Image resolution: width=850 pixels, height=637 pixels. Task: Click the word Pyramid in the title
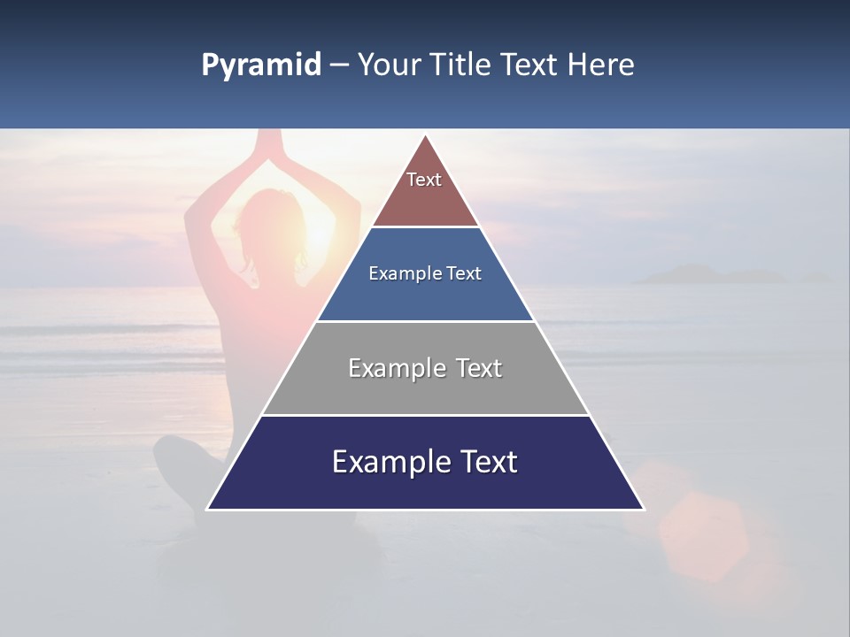pos(260,65)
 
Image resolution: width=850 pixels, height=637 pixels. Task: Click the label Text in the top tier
pos(424,180)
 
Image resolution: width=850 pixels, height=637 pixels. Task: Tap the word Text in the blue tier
pos(464,273)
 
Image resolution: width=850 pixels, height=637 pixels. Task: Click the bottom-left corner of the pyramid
pos(207,509)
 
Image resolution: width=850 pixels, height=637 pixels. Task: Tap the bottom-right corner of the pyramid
pos(644,509)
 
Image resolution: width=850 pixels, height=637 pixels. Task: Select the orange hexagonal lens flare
pos(704,535)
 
